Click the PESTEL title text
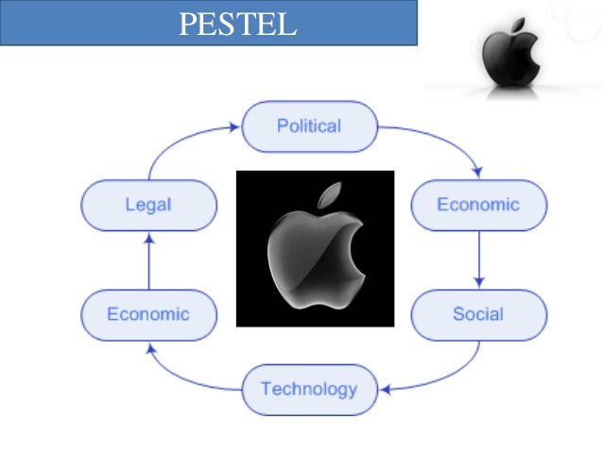pyautogui.click(x=237, y=24)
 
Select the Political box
pyautogui.click(x=309, y=126)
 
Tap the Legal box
pyautogui.click(x=148, y=205)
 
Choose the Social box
pyautogui.click(x=478, y=314)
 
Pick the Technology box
pyautogui.click(x=309, y=389)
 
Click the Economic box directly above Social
pyautogui.click(x=478, y=205)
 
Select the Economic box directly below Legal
pyautogui.click(x=148, y=314)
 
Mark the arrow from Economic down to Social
pyautogui.click(x=479, y=259)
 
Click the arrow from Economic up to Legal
pyautogui.click(x=148, y=260)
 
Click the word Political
pyautogui.click(x=309, y=126)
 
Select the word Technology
pyautogui.click(x=309, y=389)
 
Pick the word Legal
pyautogui.click(x=148, y=205)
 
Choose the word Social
pyautogui.click(x=478, y=314)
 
